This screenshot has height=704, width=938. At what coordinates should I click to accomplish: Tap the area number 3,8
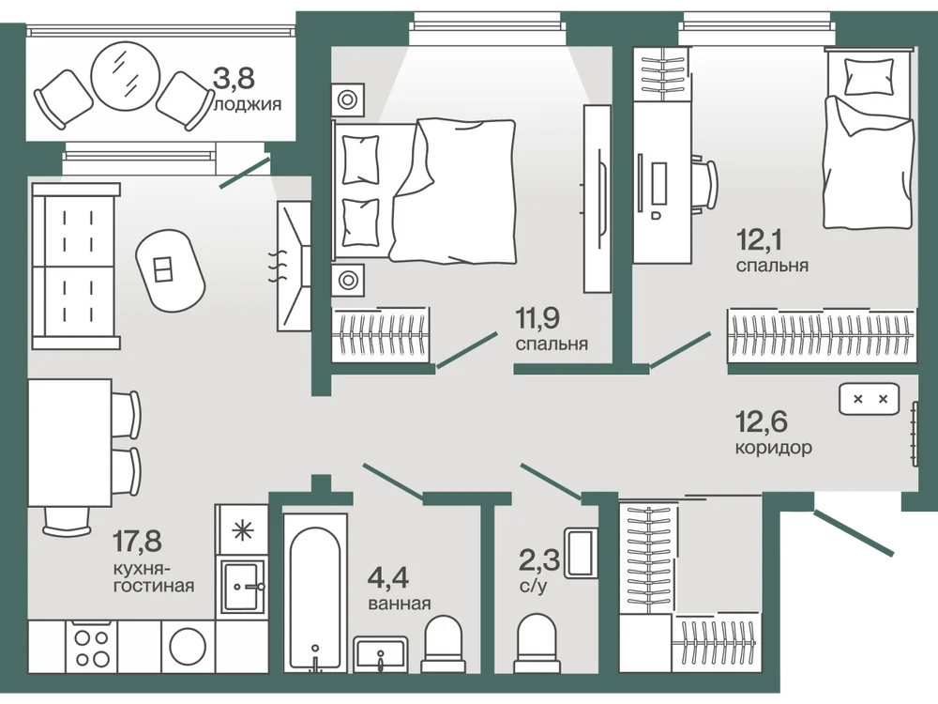click(x=234, y=78)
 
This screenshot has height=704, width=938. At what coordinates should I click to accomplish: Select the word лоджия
click(x=247, y=105)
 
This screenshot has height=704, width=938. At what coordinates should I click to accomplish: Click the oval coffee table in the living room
click(x=170, y=270)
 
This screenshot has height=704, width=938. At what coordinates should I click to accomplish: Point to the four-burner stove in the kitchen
click(x=93, y=649)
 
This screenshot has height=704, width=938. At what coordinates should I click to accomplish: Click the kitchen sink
click(x=242, y=587)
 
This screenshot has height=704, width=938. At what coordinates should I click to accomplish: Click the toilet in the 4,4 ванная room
click(x=444, y=645)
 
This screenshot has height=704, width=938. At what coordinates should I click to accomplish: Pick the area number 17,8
click(x=138, y=542)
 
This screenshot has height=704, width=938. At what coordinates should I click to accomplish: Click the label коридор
click(x=774, y=447)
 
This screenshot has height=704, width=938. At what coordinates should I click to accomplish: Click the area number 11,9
click(x=537, y=318)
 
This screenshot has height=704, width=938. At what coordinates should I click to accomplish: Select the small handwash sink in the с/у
click(x=581, y=553)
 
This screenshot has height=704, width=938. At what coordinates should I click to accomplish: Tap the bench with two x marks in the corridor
click(x=870, y=399)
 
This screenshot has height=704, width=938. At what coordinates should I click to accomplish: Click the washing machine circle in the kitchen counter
click(x=188, y=646)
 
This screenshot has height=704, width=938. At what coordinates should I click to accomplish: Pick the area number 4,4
click(x=388, y=578)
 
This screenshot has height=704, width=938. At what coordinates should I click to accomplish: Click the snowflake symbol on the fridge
click(x=242, y=530)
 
